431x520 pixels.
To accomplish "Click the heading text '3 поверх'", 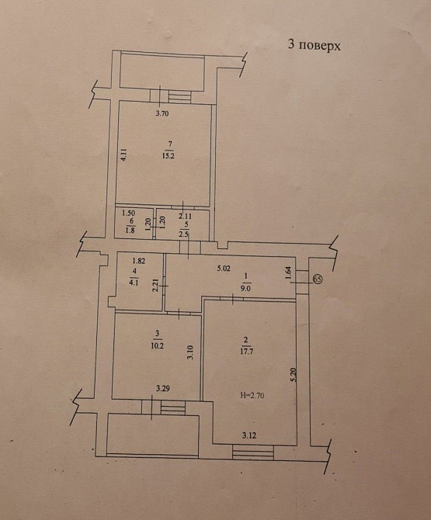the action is point(314,45).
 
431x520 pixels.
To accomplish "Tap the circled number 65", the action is point(318,279).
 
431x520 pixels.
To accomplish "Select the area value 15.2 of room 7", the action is point(169,155).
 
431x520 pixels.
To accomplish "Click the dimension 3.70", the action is point(162,113).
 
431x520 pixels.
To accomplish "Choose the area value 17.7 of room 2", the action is point(246,352).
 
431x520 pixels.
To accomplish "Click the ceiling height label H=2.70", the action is point(252,395).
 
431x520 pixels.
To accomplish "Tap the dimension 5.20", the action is point(292,376).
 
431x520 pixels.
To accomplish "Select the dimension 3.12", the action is point(249,435).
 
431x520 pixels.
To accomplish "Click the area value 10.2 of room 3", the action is point(158,345).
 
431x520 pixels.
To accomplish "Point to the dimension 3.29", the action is point(163,388).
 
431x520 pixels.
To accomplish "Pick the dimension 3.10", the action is point(189,352).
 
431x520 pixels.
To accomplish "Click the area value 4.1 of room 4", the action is point(134,283).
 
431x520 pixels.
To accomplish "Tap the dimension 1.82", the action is point(139,261).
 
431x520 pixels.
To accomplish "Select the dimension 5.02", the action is point(224,269).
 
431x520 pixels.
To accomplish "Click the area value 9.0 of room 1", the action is point(246,288).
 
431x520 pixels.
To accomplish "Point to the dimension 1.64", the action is point(288,273).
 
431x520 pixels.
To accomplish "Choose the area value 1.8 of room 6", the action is point(130,230).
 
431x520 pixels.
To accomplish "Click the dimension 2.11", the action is point(185,217).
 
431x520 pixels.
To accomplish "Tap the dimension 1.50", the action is point(128,213).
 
